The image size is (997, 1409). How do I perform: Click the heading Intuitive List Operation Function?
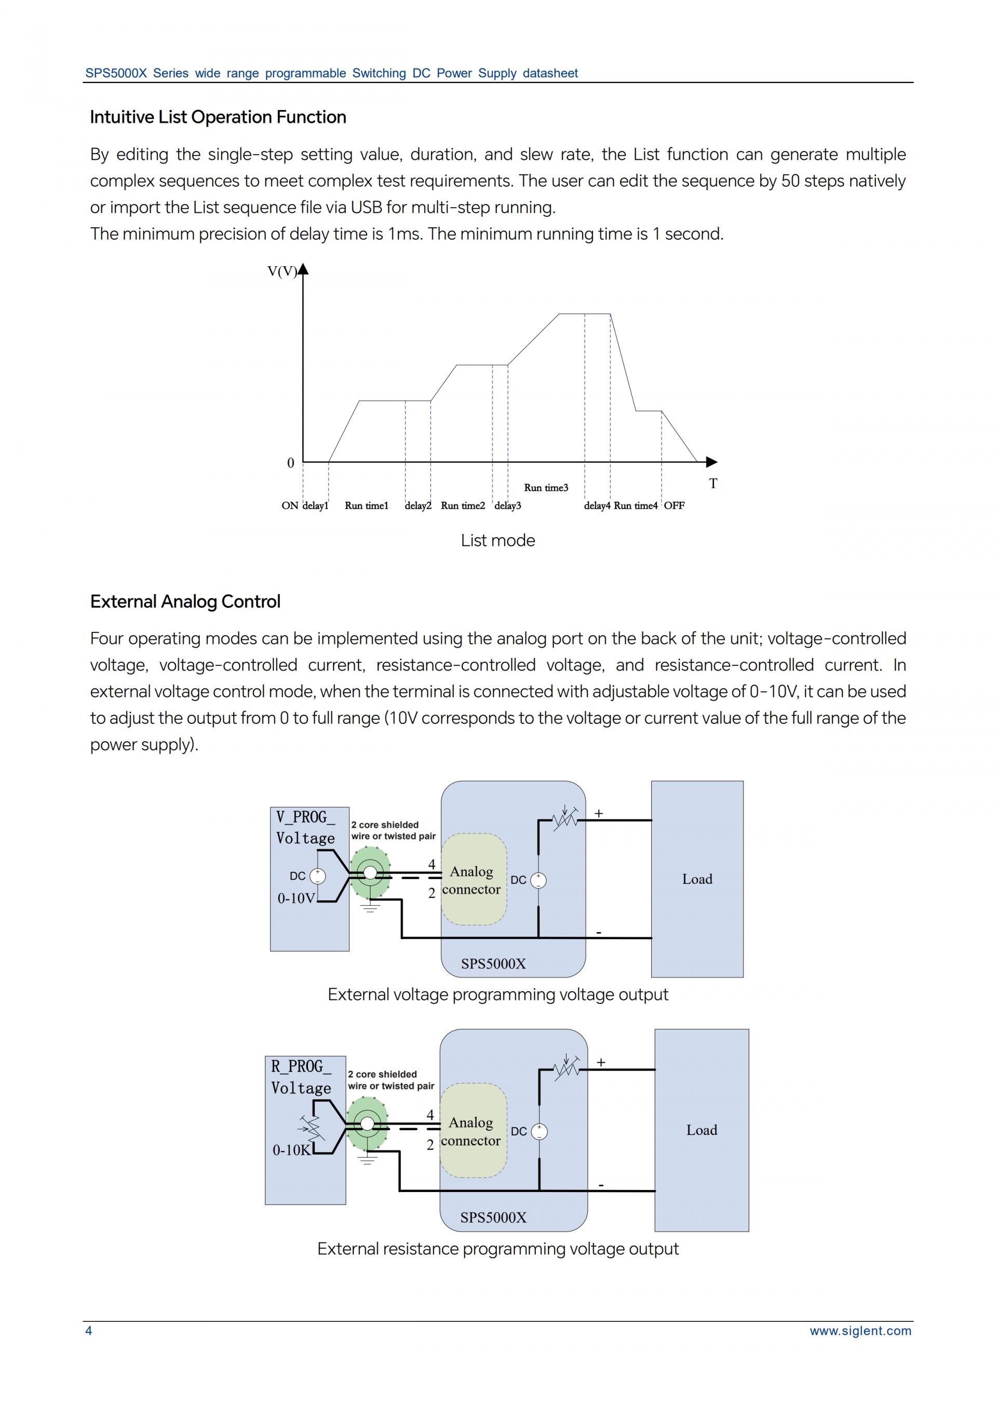click(218, 117)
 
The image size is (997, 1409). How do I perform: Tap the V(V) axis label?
click(282, 271)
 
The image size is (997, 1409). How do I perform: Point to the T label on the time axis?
click(713, 484)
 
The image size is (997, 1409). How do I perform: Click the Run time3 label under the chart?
click(546, 488)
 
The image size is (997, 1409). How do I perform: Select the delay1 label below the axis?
click(316, 505)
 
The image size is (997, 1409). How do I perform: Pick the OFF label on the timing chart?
click(674, 505)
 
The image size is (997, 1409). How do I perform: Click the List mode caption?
click(498, 541)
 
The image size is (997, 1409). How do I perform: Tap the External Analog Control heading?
click(185, 601)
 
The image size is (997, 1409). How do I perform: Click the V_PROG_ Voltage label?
click(305, 828)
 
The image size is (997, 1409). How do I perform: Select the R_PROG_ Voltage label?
click(301, 1077)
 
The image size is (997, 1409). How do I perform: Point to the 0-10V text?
click(295, 898)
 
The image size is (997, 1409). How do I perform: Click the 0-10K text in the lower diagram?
click(292, 1150)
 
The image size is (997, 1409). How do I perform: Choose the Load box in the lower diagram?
click(701, 1130)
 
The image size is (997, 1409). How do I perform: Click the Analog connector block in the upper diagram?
click(472, 880)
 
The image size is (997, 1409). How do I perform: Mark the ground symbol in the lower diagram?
click(367, 1159)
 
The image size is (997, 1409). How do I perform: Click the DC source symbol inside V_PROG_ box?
click(317, 877)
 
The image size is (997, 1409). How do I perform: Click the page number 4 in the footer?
click(88, 1331)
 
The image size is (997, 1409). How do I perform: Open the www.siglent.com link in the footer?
click(860, 1331)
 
